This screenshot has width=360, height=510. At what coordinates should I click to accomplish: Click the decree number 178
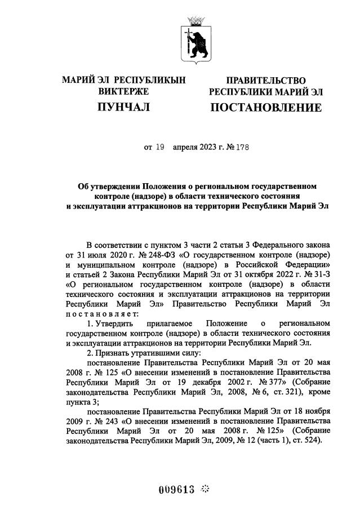[241, 148]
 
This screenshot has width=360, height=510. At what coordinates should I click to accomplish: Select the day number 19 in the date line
[159, 148]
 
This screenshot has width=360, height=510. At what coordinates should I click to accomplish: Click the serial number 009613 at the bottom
[177, 489]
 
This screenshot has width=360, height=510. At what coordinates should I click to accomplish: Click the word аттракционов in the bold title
[161, 206]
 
